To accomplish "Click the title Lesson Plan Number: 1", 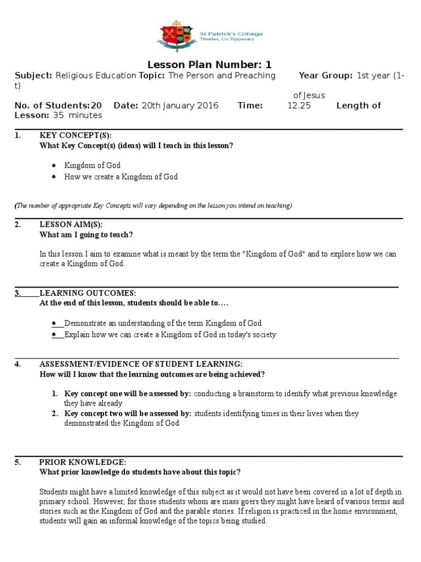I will click(x=210, y=65).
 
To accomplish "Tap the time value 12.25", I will click(x=299, y=105).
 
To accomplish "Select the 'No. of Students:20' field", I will click(x=58, y=105).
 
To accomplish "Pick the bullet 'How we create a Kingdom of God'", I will click(x=121, y=177).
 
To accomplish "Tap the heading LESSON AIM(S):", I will click(x=71, y=224).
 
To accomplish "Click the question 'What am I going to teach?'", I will click(x=86, y=234).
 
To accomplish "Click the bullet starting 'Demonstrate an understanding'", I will click(x=163, y=323).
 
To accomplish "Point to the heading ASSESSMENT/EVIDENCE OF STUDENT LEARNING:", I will click(x=141, y=364).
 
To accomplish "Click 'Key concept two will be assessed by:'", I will click(x=128, y=413).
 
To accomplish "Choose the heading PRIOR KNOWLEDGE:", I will click(x=83, y=462).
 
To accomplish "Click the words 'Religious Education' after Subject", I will click(x=96, y=76).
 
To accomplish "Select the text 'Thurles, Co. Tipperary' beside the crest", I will click(x=233, y=40).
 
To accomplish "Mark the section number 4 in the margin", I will click(x=18, y=364).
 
